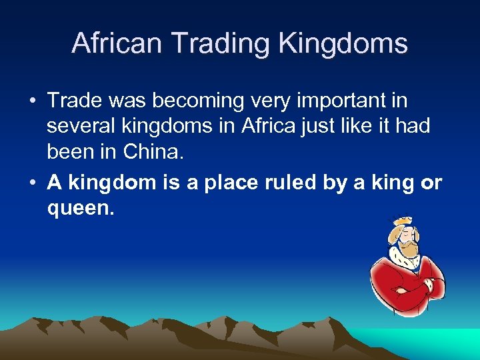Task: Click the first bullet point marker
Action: pos(32,102)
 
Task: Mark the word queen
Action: pos(81,209)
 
